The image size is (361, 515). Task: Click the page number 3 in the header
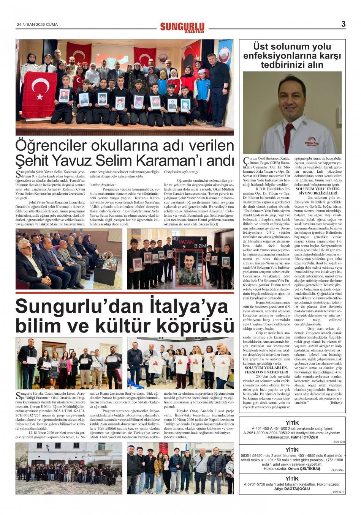pyautogui.click(x=343, y=24)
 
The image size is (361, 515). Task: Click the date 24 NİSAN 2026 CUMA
pyautogui.click(x=37, y=25)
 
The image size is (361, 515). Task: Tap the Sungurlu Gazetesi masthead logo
pyautogui.click(x=182, y=27)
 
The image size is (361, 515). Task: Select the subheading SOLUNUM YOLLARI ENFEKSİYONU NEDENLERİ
pyautogui.click(x=266, y=370)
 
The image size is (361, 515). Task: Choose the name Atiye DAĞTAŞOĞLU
pyautogui.click(x=292, y=489)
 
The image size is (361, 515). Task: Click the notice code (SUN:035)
pyautogui.click(x=338, y=442)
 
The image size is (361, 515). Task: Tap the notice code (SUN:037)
pyautogui.click(x=338, y=491)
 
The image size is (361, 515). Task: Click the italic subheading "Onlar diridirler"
pyautogui.click(x=103, y=185)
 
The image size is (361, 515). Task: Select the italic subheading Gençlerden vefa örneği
pyautogui.click(x=181, y=172)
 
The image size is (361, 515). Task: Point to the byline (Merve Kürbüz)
pyautogui.click(x=176, y=437)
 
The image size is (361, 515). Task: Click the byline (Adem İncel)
pyautogui.click(x=209, y=224)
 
